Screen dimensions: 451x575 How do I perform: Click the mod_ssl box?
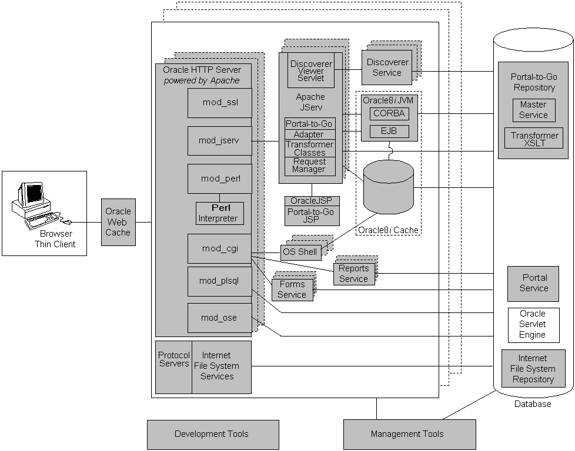(x=219, y=103)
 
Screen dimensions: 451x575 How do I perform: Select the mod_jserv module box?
(x=219, y=141)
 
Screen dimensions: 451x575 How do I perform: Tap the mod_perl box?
(x=219, y=179)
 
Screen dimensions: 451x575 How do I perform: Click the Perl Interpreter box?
(x=219, y=213)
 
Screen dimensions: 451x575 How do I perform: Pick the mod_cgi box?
(x=219, y=248)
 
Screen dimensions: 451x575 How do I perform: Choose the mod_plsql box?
(x=219, y=281)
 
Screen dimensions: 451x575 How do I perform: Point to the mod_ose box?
(x=219, y=318)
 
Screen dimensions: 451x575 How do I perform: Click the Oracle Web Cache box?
(x=118, y=222)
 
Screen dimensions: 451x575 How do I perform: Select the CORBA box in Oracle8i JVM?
(x=389, y=114)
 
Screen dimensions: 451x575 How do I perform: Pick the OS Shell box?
(x=299, y=252)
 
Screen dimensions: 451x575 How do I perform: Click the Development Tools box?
(x=212, y=435)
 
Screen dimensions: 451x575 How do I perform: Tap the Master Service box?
(x=533, y=110)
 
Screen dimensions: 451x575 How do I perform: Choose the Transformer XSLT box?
(x=534, y=139)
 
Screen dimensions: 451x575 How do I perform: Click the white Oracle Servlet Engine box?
(x=533, y=324)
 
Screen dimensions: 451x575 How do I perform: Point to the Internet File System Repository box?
(x=533, y=369)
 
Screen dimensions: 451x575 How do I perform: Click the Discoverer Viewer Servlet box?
(x=310, y=70)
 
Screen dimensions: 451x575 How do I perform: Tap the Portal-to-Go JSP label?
(x=312, y=216)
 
